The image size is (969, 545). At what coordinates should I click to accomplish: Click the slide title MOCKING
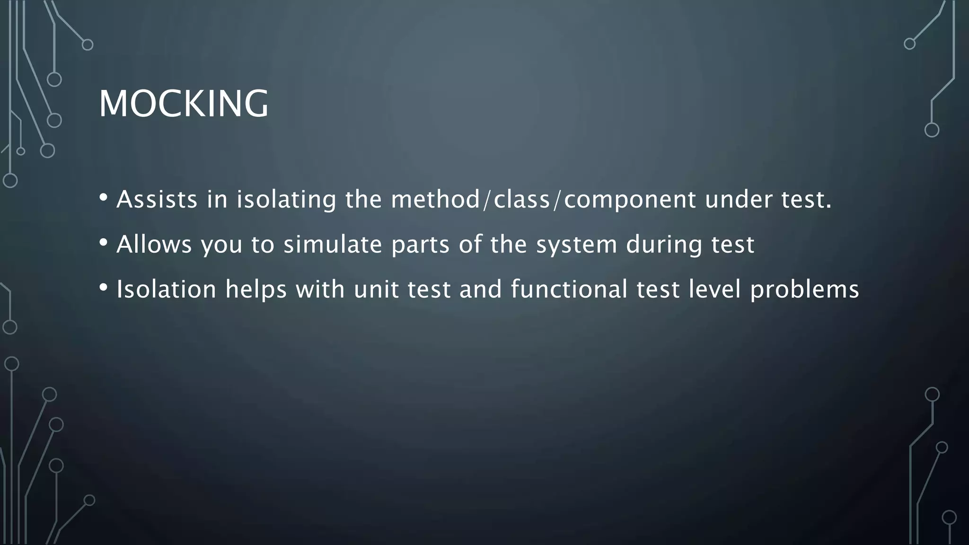tap(184, 104)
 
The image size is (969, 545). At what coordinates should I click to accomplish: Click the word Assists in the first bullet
tap(157, 199)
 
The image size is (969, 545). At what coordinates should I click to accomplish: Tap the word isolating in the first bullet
tap(286, 199)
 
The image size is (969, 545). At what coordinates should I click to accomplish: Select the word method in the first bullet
tap(435, 199)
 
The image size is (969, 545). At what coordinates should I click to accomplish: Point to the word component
tap(630, 200)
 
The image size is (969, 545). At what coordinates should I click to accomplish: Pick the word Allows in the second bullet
tap(154, 245)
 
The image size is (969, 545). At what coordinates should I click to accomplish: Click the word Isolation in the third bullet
tap(166, 289)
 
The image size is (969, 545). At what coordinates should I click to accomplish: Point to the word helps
tap(256, 290)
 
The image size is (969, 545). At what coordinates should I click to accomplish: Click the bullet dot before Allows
tap(104, 242)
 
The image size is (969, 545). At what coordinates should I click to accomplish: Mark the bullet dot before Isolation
tap(104, 287)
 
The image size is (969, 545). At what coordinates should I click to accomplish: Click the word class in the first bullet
tap(522, 199)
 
